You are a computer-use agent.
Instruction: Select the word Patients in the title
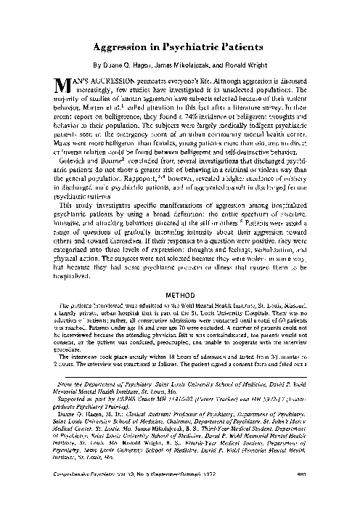242,46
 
